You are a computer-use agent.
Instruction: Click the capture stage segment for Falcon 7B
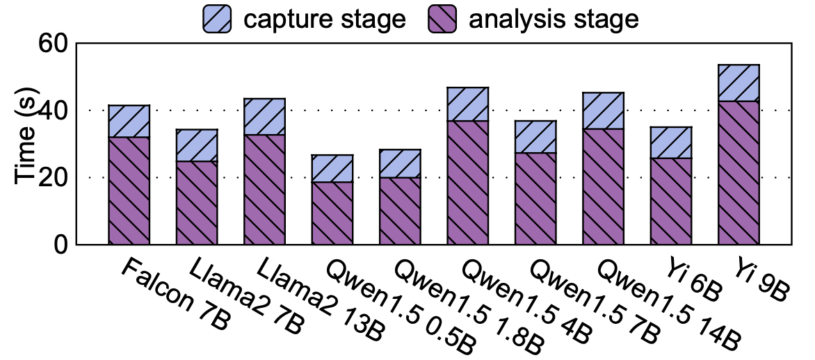pyautogui.click(x=129, y=121)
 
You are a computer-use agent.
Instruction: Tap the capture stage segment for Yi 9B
pyautogui.click(x=738, y=83)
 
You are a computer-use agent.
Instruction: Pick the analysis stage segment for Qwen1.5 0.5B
pyautogui.click(x=332, y=213)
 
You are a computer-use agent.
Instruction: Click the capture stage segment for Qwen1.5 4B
pyautogui.click(x=467, y=104)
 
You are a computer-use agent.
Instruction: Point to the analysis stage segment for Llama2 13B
pyautogui.click(x=264, y=189)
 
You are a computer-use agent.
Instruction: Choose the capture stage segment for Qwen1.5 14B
pyautogui.click(x=603, y=111)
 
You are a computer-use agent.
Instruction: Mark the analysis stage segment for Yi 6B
pyautogui.click(x=671, y=201)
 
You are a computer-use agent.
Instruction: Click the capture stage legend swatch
pyautogui.click(x=218, y=19)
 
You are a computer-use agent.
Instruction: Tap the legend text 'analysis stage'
pyautogui.click(x=554, y=19)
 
